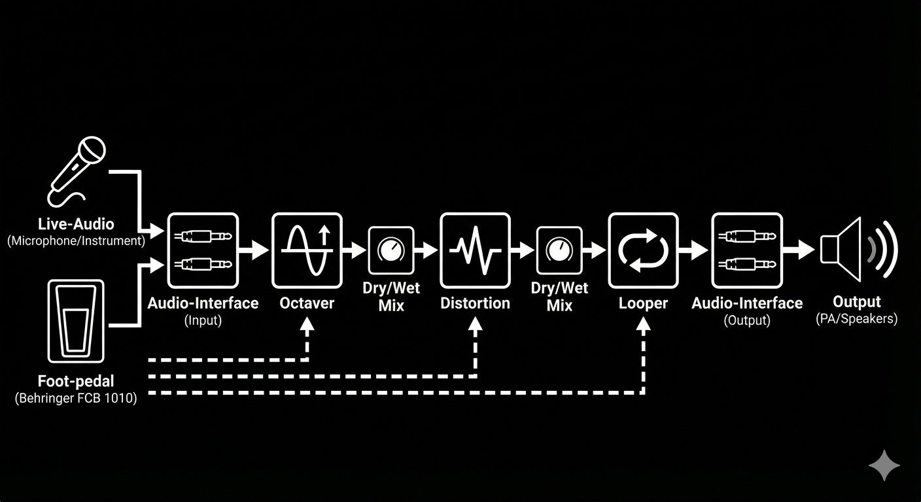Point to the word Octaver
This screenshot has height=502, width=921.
[307, 303]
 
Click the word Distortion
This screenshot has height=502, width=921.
[476, 303]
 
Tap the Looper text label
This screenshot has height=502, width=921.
[644, 304]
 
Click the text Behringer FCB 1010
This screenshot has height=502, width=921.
[76, 398]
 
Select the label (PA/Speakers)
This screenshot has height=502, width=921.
[857, 319]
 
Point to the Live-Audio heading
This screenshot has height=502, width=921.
[76, 224]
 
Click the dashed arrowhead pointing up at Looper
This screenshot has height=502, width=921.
[644, 324]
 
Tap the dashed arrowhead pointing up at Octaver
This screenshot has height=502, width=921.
[307, 324]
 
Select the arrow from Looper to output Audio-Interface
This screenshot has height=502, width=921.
[693, 250]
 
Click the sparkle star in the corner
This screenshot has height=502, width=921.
[884, 465]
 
